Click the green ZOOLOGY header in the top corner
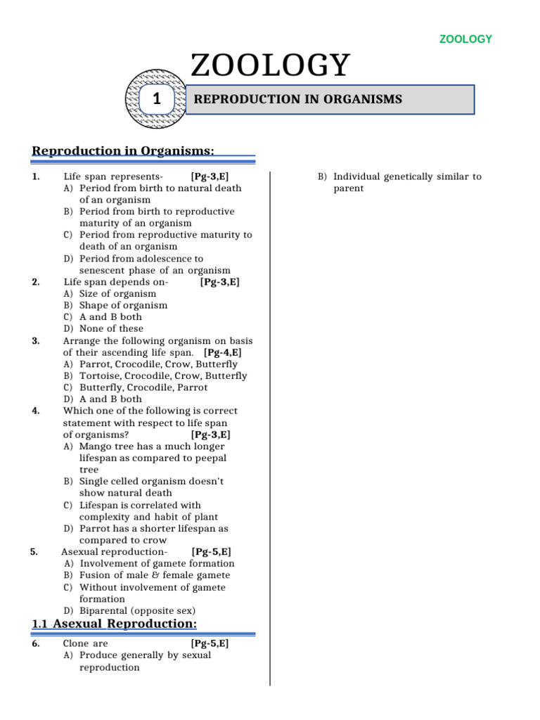click(465, 39)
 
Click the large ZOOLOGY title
click(270, 66)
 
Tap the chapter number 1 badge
click(157, 100)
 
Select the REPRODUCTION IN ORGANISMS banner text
click(297, 100)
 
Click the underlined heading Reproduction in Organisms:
click(123, 150)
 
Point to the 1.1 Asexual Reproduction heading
click(115, 624)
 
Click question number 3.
click(35, 340)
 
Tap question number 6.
click(35, 643)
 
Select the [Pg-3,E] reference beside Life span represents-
click(210, 176)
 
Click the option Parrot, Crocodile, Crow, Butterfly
click(158, 364)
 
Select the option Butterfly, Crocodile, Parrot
click(143, 387)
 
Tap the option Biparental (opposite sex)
click(137, 610)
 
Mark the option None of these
click(111, 328)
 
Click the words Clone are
click(86, 643)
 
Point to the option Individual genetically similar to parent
click(407, 183)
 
